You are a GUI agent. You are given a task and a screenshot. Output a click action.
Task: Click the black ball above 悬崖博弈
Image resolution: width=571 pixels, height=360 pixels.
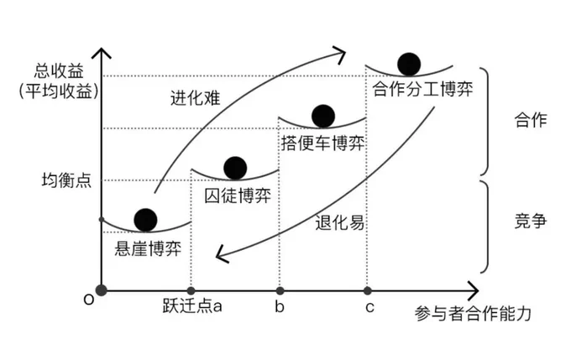145,220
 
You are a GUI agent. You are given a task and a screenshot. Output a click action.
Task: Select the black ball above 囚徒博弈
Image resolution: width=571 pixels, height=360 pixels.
235,168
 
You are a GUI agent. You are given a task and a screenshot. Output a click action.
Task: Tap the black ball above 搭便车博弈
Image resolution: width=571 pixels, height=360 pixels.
323,116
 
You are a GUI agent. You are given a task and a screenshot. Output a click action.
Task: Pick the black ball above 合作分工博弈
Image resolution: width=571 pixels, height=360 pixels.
409,64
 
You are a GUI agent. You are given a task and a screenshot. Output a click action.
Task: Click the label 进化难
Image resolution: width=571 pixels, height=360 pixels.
196,98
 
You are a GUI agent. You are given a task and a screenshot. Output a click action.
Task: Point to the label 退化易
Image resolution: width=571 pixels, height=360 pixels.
339,222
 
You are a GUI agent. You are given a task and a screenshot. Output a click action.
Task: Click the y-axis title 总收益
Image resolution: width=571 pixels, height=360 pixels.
59,70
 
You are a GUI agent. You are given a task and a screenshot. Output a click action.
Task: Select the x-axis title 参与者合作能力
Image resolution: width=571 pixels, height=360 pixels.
473,314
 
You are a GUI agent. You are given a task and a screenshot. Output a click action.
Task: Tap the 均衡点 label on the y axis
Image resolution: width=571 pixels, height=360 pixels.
66,180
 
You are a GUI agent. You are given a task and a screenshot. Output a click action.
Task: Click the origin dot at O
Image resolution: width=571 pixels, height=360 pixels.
102,290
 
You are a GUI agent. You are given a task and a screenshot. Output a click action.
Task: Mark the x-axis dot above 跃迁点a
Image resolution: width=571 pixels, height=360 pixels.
191,291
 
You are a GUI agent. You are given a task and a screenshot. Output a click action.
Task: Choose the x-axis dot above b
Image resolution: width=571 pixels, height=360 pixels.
280,291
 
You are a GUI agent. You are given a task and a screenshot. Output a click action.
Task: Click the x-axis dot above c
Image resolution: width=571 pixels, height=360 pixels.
368,291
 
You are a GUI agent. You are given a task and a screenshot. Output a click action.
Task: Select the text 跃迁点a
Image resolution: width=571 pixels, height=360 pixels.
192,306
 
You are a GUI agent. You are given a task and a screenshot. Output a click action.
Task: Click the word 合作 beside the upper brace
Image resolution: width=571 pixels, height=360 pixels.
531,120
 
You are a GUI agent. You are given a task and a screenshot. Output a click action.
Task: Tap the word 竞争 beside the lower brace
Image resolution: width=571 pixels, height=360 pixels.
531,221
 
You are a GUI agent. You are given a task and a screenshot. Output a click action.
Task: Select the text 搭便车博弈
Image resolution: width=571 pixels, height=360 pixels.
322,143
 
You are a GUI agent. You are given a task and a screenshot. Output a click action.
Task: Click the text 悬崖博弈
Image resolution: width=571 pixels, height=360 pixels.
148,249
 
